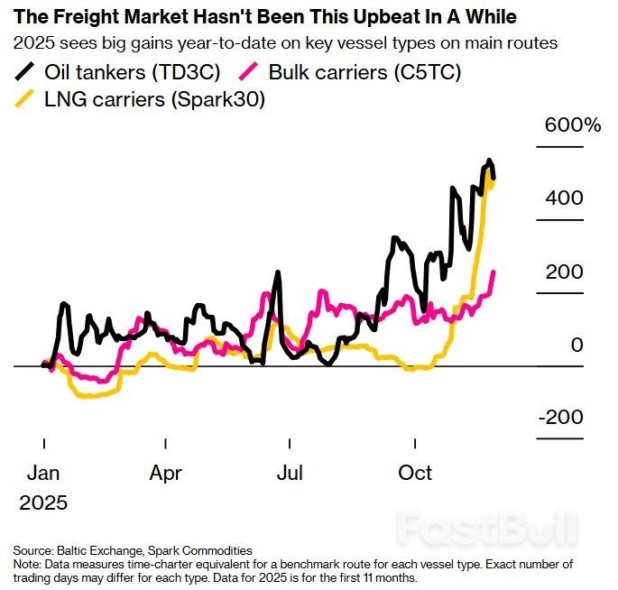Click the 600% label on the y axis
572,125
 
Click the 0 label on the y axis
576,345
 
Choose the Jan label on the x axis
44,473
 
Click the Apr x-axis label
166,473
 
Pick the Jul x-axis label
290,473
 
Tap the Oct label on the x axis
415,473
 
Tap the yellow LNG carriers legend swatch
28,99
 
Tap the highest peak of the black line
489,161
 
